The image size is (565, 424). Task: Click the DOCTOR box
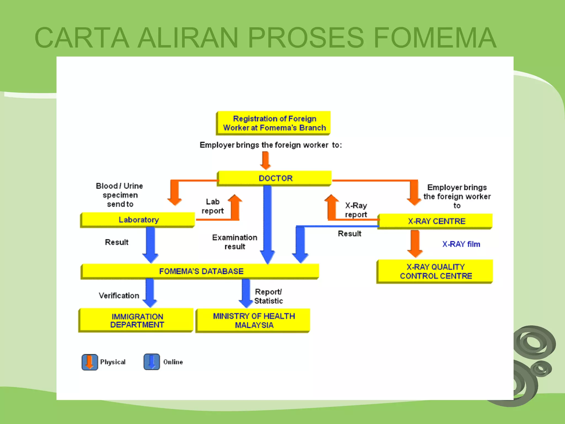275,178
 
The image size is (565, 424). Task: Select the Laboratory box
138,220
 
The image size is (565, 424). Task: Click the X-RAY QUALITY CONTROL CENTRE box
435,271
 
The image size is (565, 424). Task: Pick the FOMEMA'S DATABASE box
201,271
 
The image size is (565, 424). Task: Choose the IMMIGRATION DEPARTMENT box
137,320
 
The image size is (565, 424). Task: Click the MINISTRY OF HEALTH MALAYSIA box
254,320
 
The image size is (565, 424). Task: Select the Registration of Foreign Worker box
274,123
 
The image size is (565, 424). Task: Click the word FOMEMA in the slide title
435,38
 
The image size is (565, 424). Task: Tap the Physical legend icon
90,362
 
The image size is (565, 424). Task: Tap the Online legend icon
151,362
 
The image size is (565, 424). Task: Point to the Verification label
119,296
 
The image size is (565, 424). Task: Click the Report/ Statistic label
268,296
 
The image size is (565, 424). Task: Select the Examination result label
234,242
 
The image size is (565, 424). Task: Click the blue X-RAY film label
461,244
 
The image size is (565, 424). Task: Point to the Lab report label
212,206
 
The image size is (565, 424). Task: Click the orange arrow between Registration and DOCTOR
265,160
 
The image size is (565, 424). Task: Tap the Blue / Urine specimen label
119,195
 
